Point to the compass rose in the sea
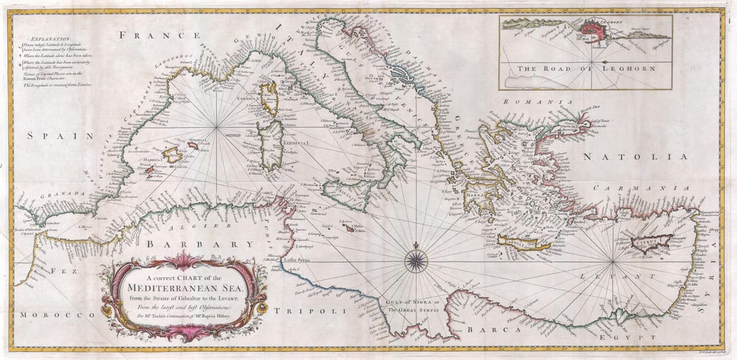pos(416,259)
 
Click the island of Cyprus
pos(649,241)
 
